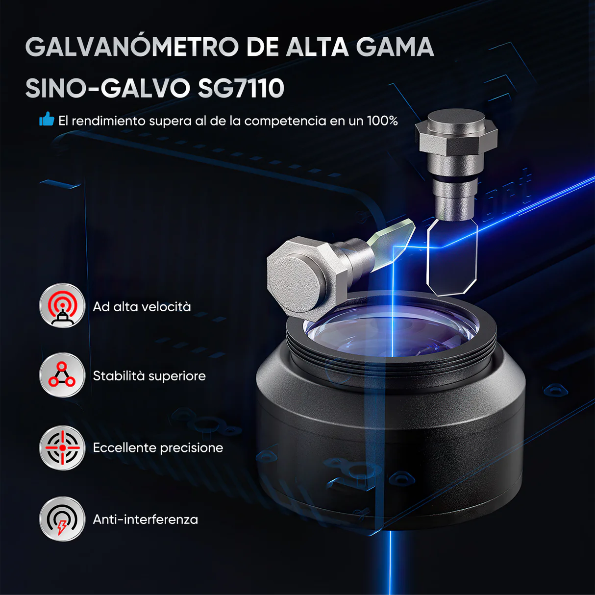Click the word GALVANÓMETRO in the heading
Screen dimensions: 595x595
point(132,47)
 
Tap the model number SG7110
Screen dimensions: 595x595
point(241,88)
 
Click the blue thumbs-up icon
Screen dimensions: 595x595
point(47,119)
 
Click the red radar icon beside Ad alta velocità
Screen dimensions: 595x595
point(62,306)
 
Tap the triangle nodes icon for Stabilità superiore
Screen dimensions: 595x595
point(62,375)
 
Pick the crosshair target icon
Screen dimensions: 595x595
point(62,447)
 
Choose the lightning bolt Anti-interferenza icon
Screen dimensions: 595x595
point(62,520)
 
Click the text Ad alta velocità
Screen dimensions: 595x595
point(142,307)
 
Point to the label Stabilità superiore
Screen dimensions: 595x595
point(149,376)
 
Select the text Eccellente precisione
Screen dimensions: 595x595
point(158,447)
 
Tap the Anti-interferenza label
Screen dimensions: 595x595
point(146,520)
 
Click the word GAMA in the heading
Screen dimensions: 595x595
point(395,47)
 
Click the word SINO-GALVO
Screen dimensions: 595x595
point(107,88)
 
